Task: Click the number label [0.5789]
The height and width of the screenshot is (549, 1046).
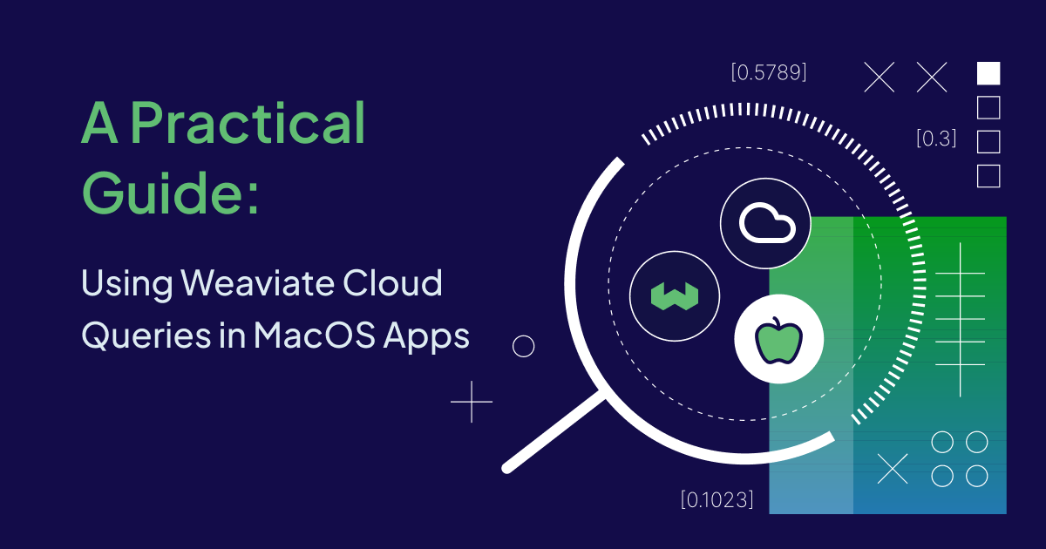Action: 769,72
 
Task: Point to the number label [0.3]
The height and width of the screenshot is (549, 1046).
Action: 936,138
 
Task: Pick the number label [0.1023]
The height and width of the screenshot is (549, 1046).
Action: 717,500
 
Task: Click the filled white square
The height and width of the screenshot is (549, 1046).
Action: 988,73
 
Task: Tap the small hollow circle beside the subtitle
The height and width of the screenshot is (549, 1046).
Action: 523,347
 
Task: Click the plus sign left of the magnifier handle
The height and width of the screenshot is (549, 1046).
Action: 472,402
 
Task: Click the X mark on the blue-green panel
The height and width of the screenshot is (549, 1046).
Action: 892,469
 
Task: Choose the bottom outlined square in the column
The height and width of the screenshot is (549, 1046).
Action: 988,176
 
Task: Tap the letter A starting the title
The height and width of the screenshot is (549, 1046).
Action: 98,124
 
